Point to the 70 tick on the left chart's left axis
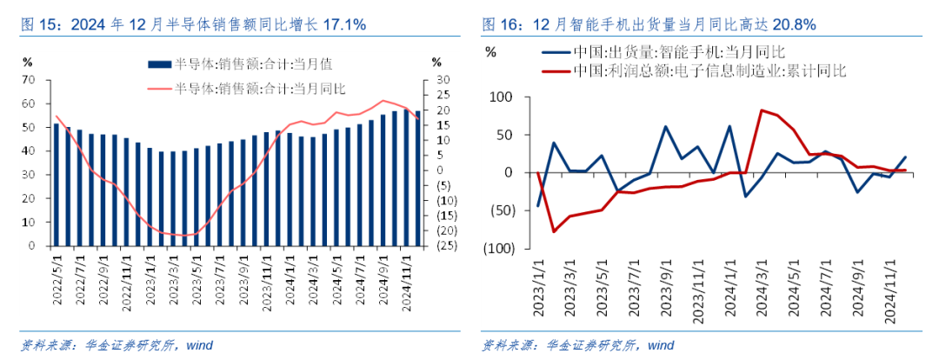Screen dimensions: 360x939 28,79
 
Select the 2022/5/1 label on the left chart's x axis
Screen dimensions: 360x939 57,276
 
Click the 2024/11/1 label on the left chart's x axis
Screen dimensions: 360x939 405,276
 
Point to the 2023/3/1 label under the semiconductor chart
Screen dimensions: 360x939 172,276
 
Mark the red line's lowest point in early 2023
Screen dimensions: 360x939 553,231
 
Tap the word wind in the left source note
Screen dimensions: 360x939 199,345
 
